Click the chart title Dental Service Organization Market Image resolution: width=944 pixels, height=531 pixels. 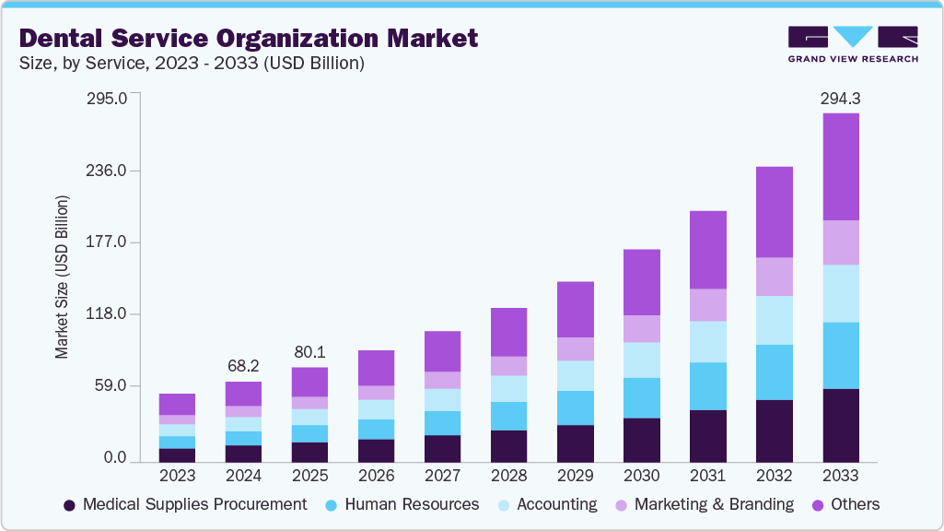coord(249,38)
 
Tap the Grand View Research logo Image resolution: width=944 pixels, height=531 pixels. coord(853,43)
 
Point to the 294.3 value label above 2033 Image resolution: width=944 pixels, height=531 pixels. coord(840,98)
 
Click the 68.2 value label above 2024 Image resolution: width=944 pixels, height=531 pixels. coord(243,366)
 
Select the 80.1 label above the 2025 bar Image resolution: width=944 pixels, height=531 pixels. coord(309,352)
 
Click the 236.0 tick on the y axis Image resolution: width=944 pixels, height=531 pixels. coord(109,171)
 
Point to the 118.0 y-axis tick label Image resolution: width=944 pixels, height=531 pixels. coord(109,314)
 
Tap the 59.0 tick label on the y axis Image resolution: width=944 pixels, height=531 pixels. coord(112,386)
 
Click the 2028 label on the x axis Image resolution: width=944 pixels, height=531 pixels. coord(508,477)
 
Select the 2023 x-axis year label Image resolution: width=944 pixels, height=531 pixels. coord(177,477)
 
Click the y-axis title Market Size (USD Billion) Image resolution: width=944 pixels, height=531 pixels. coord(62,277)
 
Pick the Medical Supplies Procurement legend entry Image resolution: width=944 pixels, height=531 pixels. coord(184,504)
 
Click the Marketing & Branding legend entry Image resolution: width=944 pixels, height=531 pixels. coord(704,504)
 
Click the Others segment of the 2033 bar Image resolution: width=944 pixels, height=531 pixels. coord(840,166)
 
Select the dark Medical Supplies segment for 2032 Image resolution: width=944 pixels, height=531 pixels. coord(774,431)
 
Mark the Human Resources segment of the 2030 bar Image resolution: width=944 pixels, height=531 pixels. coord(641,397)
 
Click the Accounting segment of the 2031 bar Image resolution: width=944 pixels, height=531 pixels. coord(707,341)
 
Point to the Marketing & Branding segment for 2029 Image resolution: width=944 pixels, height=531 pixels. coord(575,348)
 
